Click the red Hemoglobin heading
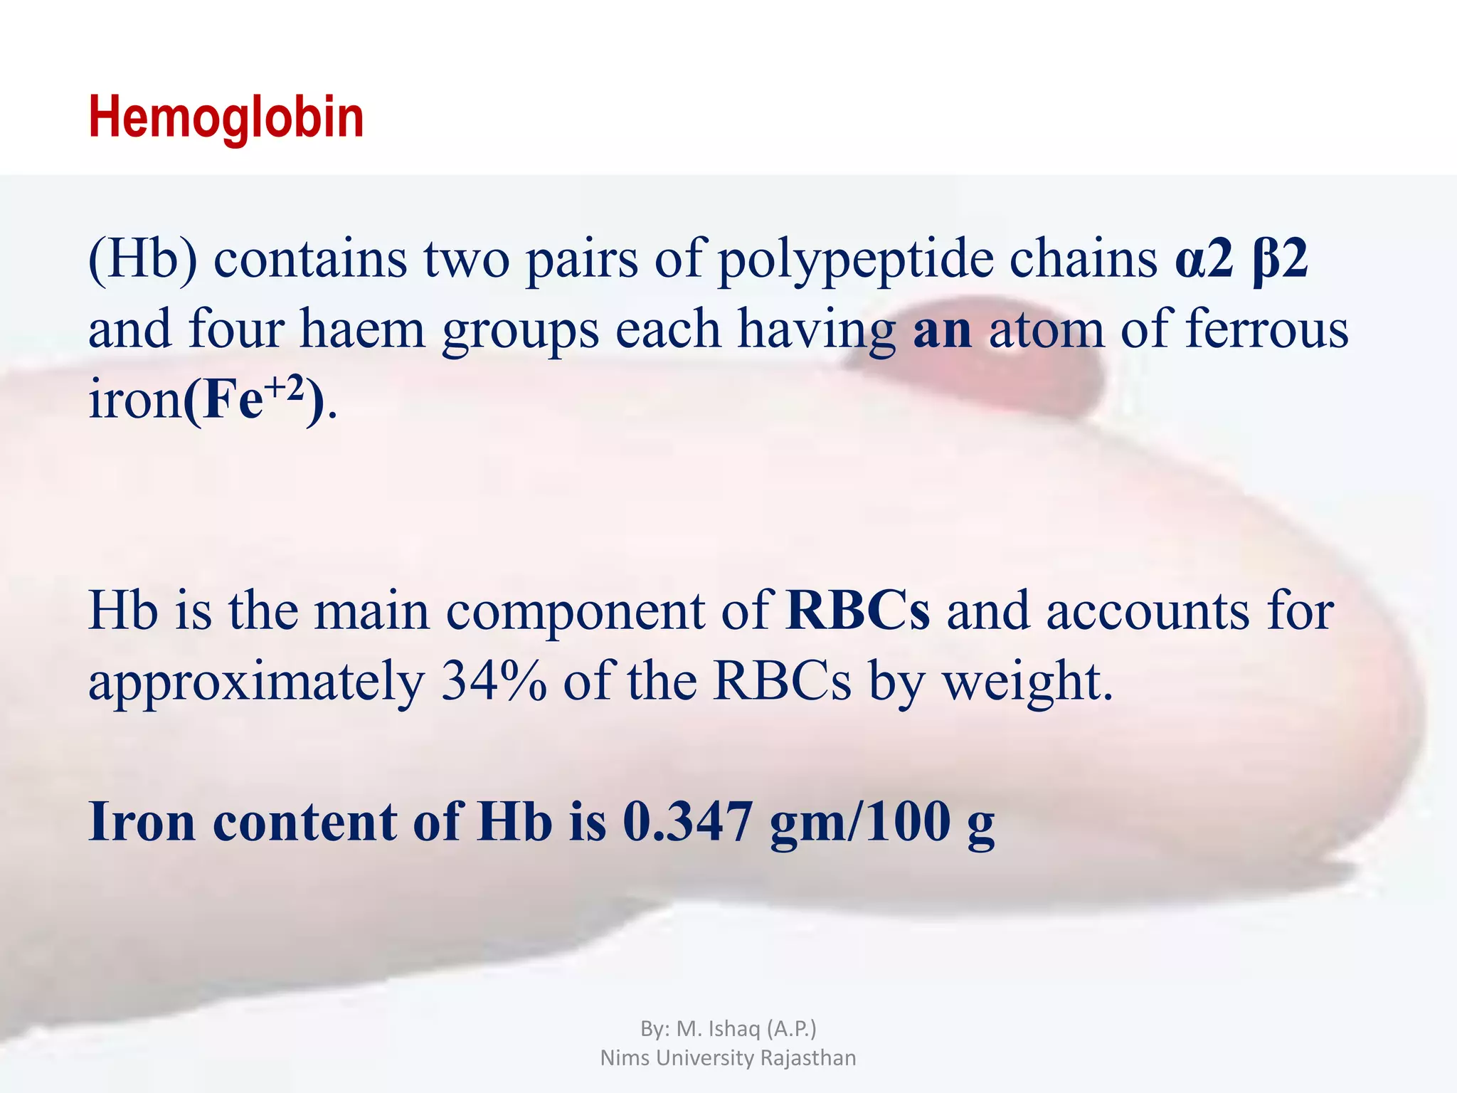tap(226, 117)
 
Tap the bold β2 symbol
tap(1280, 260)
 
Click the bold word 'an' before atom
tap(943, 330)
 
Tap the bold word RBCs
tap(858, 611)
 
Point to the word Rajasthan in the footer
tap(808, 1058)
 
